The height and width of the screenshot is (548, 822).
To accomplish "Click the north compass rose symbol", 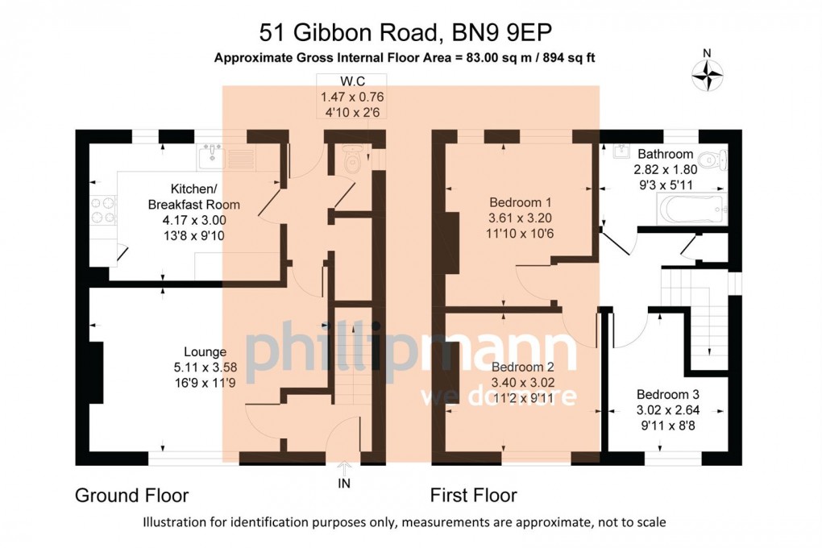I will click(x=707, y=76).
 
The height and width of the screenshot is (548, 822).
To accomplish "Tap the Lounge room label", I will click(x=205, y=352).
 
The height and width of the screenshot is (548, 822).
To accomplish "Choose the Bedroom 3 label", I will click(x=667, y=395).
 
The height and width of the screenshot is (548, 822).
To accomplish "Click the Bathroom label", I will click(x=665, y=154).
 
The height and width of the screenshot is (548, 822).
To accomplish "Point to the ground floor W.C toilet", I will click(x=352, y=160).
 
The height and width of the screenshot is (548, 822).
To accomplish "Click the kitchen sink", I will click(x=213, y=152).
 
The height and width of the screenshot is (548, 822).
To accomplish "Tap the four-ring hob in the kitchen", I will click(x=103, y=210).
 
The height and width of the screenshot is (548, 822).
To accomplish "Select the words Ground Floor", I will click(x=132, y=495).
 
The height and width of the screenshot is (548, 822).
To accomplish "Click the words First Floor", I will click(x=473, y=495).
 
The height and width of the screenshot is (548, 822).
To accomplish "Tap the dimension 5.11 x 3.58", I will click(x=205, y=367).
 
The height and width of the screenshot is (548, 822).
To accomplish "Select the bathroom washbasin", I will click(x=622, y=152).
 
